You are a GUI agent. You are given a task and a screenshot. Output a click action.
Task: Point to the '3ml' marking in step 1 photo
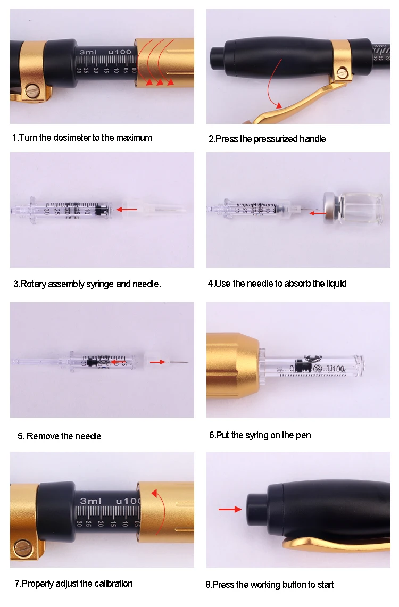click(x=88, y=52)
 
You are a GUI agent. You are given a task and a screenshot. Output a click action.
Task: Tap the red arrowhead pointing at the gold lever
click(x=278, y=105)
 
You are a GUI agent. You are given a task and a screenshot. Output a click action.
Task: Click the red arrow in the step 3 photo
click(x=127, y=210)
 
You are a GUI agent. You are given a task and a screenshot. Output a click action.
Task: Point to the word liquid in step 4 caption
click(x=336, y=284)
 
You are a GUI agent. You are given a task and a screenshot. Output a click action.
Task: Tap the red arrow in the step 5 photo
click(x=157, y=362)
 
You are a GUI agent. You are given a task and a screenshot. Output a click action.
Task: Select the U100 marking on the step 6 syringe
click(x=336, y=369)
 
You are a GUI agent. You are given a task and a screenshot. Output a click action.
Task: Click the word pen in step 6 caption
click(x=303, y=436)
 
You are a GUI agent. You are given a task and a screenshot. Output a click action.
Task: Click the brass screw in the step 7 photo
click(x=22, y=547)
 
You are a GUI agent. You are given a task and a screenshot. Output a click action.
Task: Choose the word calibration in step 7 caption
click(x=113, y=584)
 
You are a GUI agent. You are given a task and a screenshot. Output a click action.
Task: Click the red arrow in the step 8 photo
click(x=230, y=510)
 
